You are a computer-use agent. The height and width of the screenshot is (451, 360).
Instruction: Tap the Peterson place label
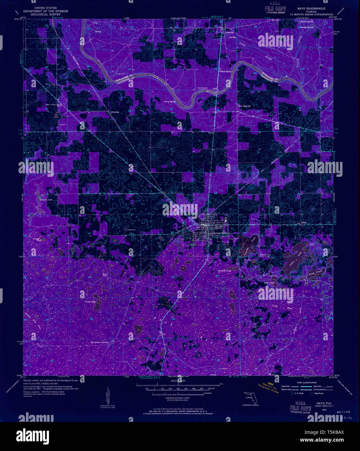click(115, 112)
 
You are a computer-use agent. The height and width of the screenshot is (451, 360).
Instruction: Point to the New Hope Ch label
click(245, 106)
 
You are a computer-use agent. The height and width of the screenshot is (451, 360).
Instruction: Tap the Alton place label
click(304, 223)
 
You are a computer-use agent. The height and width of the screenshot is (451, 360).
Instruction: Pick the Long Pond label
click(90, 302)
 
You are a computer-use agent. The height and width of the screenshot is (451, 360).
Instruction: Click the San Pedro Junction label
click(100, 342)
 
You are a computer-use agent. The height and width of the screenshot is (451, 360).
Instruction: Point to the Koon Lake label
click(45, 200)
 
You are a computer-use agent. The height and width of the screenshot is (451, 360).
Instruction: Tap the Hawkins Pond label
click(224, 271)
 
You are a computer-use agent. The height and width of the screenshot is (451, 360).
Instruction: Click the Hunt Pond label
click(269, 283)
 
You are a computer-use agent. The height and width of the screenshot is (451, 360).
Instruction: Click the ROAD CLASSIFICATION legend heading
click(305, 383)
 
